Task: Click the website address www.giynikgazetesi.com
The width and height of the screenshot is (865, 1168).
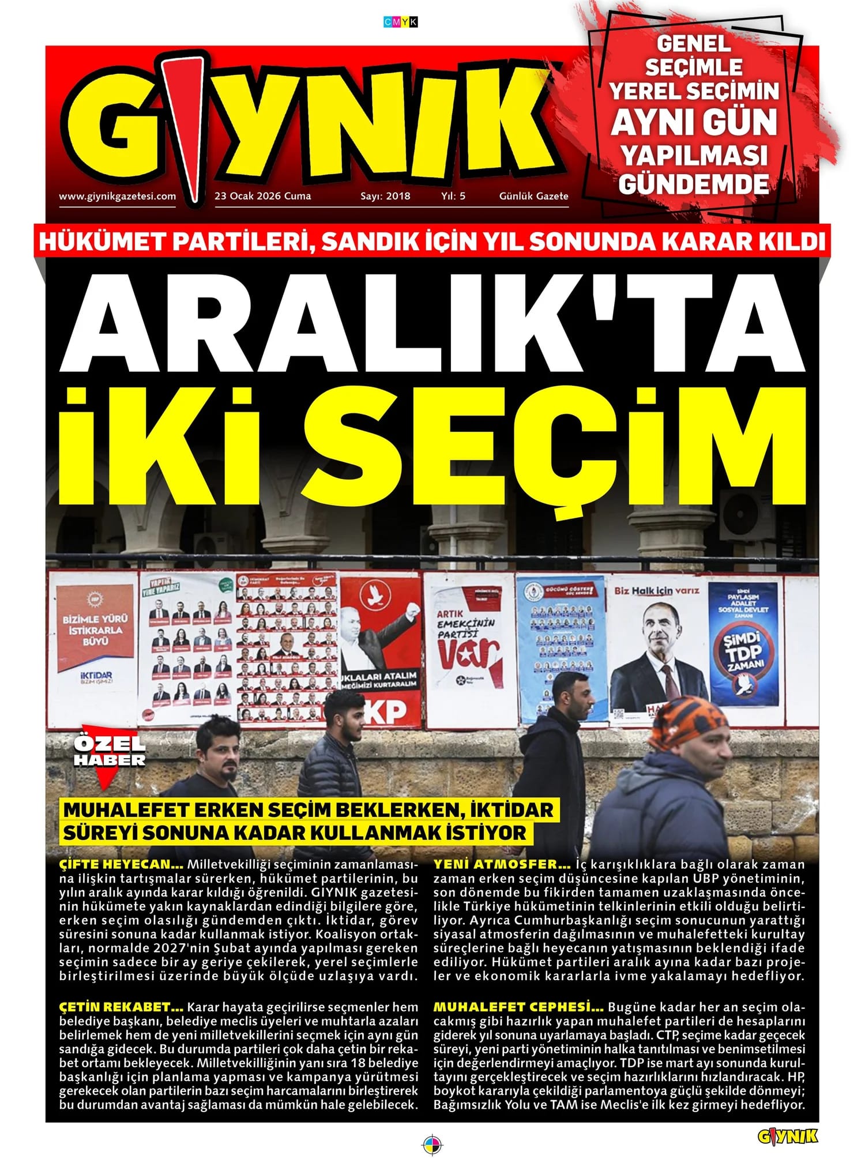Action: [x=117, y=196]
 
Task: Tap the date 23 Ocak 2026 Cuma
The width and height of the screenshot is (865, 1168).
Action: [x=262, y=196]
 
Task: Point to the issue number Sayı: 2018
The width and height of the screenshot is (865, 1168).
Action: [x=385, y=196]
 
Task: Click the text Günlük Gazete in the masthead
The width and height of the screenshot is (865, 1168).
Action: [x=533, y=196]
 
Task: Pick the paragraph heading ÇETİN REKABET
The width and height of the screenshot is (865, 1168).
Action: [x=121, y=1007]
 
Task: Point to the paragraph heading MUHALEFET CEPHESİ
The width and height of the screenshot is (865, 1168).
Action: [x=518, y=1007]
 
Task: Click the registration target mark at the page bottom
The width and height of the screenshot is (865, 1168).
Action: [x=431, y=1143]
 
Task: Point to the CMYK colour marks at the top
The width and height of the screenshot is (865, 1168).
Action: [x=400, y=22]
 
